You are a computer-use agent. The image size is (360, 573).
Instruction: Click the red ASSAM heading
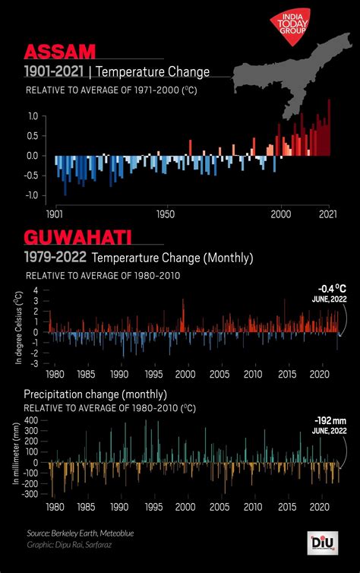coord(61,52)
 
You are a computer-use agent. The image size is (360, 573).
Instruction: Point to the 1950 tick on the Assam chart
coord(166,214)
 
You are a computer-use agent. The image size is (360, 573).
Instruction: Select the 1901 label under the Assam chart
coord(55,214)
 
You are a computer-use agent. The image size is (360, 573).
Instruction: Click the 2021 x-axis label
coord(327,214)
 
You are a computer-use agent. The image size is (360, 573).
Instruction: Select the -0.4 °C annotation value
coord(332,289)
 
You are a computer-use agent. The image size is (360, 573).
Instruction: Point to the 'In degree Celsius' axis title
coord(18,327)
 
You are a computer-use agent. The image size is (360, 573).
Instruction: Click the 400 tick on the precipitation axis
coord(31,420)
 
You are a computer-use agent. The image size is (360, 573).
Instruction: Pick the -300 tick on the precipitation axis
coord(30,493)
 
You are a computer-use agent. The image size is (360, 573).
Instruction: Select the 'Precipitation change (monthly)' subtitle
coord(95,394)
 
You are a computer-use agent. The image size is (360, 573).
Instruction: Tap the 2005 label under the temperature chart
coord(219,375)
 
